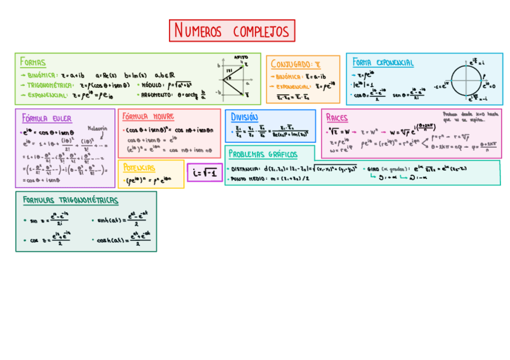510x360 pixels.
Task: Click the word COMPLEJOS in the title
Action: [260, 31]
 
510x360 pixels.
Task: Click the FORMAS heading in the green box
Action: [32, 62]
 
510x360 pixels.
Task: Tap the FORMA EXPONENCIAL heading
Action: [382, 63]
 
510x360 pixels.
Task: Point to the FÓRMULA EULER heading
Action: [47, 118]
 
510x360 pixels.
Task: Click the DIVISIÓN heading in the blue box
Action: [244, 117]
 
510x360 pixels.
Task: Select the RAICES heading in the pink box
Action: [337, 117]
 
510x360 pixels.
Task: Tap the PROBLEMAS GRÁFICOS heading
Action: [263, 154]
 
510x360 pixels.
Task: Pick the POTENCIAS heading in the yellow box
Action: [139, 168]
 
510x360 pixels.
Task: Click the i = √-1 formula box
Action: [204, 172]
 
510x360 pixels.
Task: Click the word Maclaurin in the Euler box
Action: [97, 128]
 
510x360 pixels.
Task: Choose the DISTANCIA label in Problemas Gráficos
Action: [245, 169]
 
